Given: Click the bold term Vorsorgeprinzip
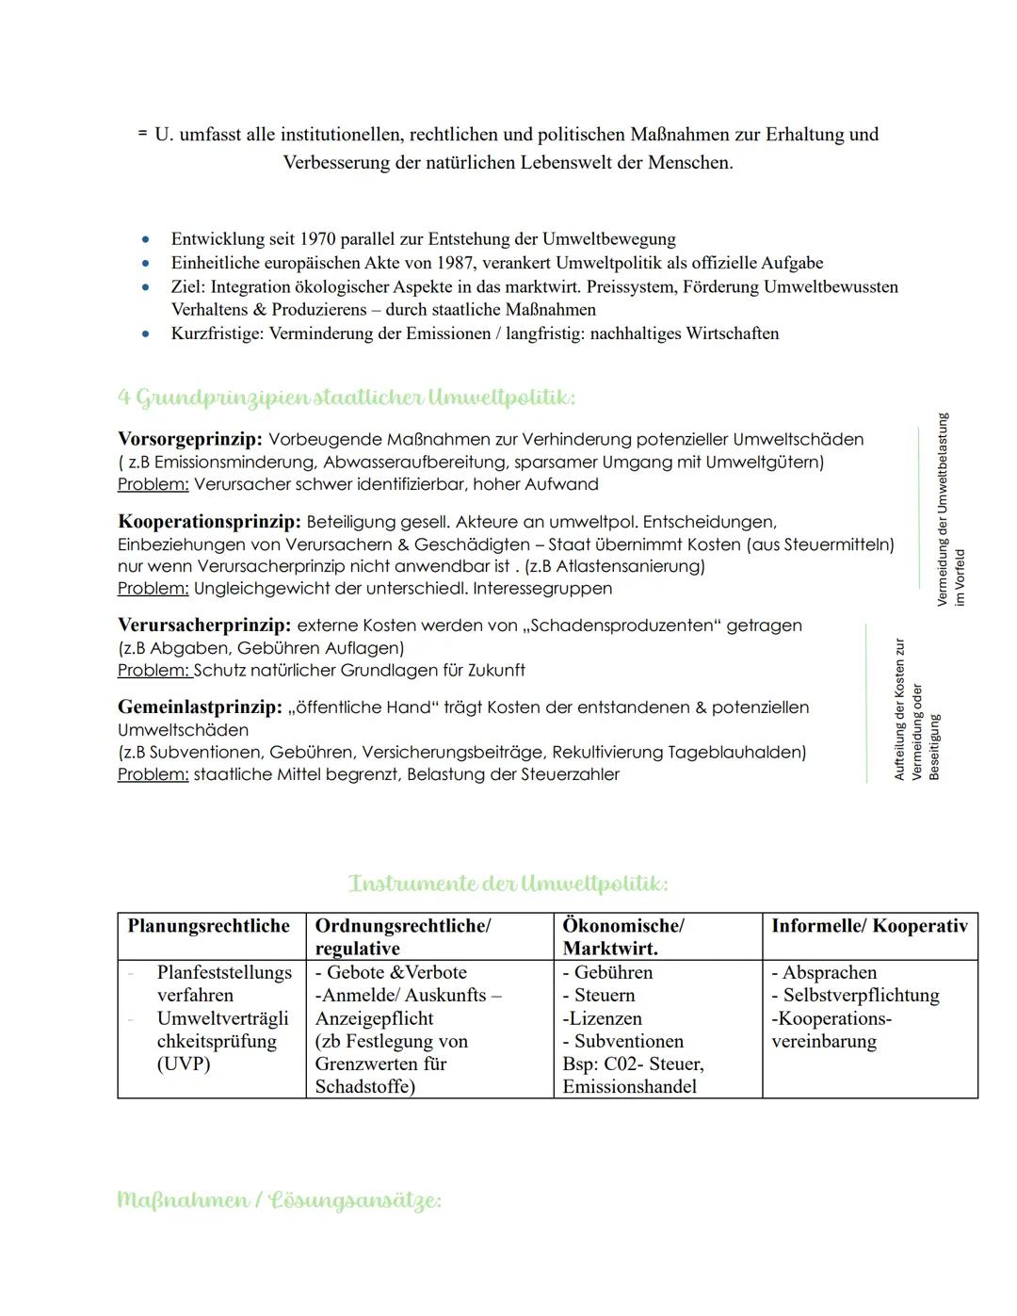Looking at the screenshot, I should pyautogui.click(x=189, y=440).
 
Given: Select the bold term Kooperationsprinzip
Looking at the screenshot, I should pyautogui.click(x=209, y=522).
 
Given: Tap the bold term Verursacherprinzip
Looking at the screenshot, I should pyautogui.click(x=203, y=626).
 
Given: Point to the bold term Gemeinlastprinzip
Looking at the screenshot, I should pyautogui.click(x=200, y=707).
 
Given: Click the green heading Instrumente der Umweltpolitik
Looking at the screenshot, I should pyautogui.click(x=508, y=884).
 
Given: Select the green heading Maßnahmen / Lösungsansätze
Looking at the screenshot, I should pyautogui.click(x=279, y=1200).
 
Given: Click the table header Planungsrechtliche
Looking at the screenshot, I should pyautogui.click(x=209, y=926).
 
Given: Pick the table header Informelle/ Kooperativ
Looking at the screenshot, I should pyautogui.click(x=869, y=926).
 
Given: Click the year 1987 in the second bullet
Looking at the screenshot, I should pyautogui.click(x=454, y=263).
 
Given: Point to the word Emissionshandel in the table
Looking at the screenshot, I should pyautogui.click(x=630, y=1087).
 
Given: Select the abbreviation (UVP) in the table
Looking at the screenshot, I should pyautogui.click(x=184, y=1064).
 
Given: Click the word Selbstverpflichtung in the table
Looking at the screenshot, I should pyautogui.click(x=861, y=996).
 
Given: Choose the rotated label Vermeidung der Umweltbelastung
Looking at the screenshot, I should pyautogui.click(x=943, y=509).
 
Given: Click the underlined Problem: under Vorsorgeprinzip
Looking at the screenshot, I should pyautogui.click(x=153, y=485).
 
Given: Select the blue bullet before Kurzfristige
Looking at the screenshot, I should pyautogui.click(x=145, y=333).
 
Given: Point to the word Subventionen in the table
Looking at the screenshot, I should pyautogui.click(x=628, y=1042).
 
